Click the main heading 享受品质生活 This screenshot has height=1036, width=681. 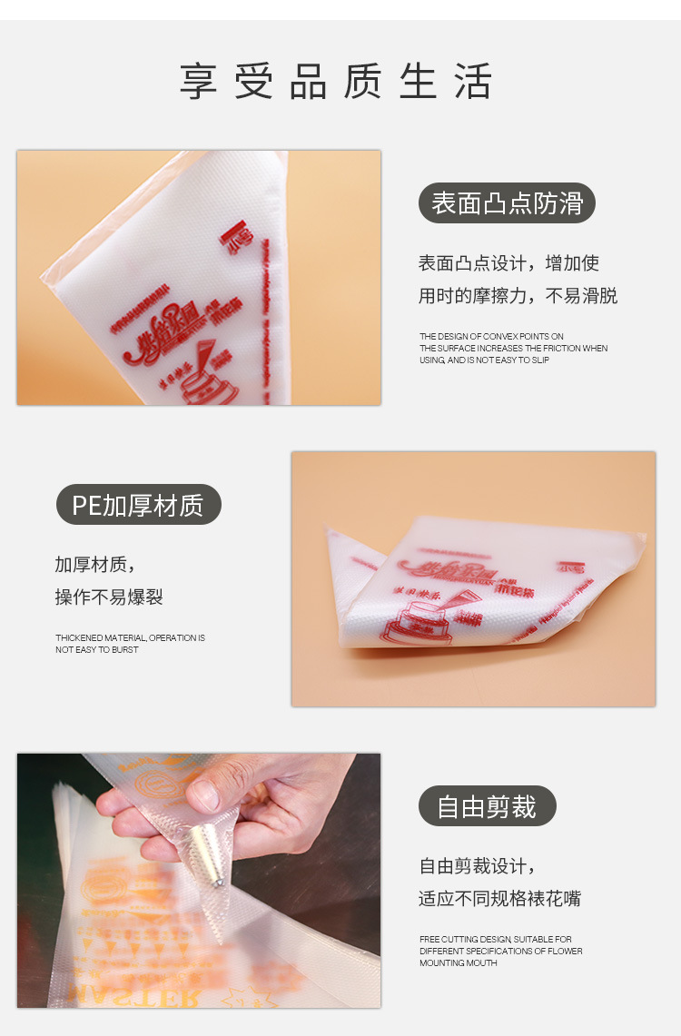pyautogui.click(x=336, y=81)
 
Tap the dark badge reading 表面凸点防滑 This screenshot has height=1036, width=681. pyautogui.click(x=507, y=203)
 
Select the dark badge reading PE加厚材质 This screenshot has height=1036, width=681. pyautogui.click(x=138, y=505)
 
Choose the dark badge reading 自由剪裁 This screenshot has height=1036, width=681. pyautogui.click(x=487, y=806)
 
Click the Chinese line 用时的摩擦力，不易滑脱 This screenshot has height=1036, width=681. pyautogui.click(x=518, y=296)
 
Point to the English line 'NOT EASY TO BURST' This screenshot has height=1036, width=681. pyautogui.click(x=97, y=650)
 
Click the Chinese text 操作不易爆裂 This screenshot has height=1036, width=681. pyautogui.click(x=109, y=597)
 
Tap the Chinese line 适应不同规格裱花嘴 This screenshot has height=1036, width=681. pyautogui.click(x=499, y=899)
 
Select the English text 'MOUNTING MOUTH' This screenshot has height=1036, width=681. pyautogui.click(x=459, y=962)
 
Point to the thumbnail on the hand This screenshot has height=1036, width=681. pyautogui.click(x=205, y=794)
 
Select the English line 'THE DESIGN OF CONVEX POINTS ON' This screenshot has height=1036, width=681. pyautogui.click(x=491, y=336)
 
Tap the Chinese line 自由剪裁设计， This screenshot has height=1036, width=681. pyautogui.click(x=477, y=866)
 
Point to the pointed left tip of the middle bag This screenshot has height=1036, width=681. pyautogui.click(x=331, y=532)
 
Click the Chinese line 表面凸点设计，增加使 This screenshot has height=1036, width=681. pyautogui.click(x=508, y=263)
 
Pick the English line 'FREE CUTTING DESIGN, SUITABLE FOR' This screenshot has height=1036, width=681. pyautogui.click(x=496, y=939)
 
